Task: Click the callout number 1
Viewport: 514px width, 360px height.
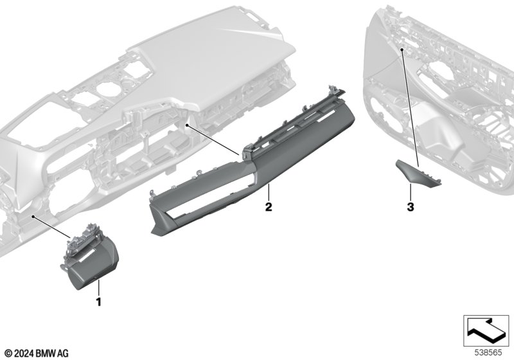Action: click(x=98, y=301)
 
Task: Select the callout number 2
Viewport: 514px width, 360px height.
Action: click(x=269, y=207)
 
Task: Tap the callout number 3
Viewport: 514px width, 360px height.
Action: click(x=411, y=207)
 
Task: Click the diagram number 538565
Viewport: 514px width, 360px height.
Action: click(x=488, y=352)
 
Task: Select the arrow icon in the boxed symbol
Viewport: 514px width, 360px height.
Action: click(x=486, y=330)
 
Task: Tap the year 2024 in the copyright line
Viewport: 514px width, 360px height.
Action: click(x=24, y=354)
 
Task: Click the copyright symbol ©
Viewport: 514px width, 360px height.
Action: click(x=8, y=354)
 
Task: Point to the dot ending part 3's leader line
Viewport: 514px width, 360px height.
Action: click(x=402, y=50)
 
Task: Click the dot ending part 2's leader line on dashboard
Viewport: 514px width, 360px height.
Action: click(x=187, y=125)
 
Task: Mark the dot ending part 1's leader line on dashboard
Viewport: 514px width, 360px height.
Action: click(x=33, y=217)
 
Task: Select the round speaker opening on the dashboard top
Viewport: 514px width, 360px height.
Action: click(x=108, y=89)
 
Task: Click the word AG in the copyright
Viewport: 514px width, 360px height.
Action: click(x=63, y=354)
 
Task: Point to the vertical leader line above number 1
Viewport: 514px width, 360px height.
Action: click(x=98, y=288)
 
